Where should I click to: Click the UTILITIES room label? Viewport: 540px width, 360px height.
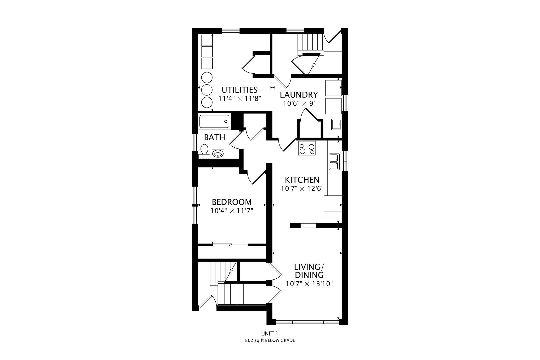pyautogui.click(x=240, y=90)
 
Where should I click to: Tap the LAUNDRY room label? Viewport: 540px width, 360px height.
pyautogui.click(x=299, y=95)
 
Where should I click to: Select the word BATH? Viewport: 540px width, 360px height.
pyautogui.click(x=215, y=137)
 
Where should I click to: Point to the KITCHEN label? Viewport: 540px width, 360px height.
pyautogui.click(x=302, y=180)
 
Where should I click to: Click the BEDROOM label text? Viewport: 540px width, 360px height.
pyautogui.click(x=232, y=202)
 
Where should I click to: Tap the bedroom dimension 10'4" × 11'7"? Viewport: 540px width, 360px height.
pyautogui.click(x=232, y=211)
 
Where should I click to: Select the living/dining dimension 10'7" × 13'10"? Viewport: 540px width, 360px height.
pyautogui.click(x=309, y=284)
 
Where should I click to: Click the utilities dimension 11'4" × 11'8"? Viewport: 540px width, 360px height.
pyautogui.click(x=240, y=99)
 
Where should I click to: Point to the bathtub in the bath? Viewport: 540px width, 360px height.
pyautogui.click(x=214, y=121)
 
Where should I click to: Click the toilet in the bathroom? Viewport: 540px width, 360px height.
pyautogui.click(x=204, y=151)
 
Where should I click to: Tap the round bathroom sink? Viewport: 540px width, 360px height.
pyautogui.click(x=218, y=154)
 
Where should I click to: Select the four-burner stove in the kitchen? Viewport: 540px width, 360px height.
pyautogui.click(x=307, y=148)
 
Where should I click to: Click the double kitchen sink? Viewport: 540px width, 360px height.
pyautogui.click(x=334, y=162)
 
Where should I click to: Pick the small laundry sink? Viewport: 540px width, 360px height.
pyautogui.click(x=336, y=124)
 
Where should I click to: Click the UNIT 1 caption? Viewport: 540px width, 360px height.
pyautogui.click(x=270, y=333)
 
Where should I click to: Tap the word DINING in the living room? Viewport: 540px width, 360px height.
pyautogui.click(x=309, y=275)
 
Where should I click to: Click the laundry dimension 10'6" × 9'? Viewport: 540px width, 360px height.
pyautogui.click(x=299, y=104)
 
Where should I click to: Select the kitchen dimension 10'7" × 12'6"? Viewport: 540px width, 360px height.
pyautogui.click(x=302, y=189)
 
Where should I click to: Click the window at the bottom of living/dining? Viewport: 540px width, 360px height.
pyautogui.click(x=307, y=322)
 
